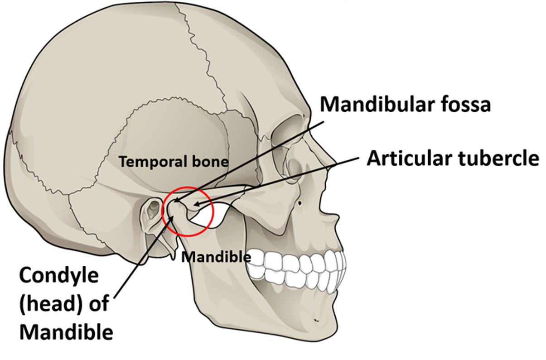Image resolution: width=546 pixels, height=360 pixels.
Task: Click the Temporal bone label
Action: click(174, 162)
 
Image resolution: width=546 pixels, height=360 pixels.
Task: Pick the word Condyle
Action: click(59, 275)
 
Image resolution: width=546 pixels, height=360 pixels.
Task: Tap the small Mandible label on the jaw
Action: click(216, 257)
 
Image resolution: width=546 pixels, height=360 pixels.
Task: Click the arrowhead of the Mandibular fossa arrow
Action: click(176, 201)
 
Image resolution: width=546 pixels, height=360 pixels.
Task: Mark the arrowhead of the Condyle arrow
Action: click(172, 218)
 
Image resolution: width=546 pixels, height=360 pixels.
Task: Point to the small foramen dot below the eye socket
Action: click(300, 203)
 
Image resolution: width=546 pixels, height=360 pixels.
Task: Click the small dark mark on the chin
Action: click(316, 320)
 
